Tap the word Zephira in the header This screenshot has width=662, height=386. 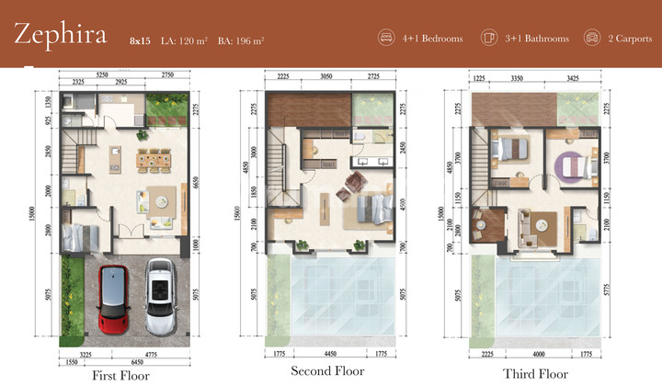point(60,36)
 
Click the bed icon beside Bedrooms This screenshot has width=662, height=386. point(386,39)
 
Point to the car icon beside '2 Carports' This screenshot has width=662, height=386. point(592,39)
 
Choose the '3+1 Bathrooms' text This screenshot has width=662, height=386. point(537,39)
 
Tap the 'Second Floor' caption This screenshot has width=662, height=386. point(328,371)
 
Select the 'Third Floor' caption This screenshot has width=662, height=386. point(536,374)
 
